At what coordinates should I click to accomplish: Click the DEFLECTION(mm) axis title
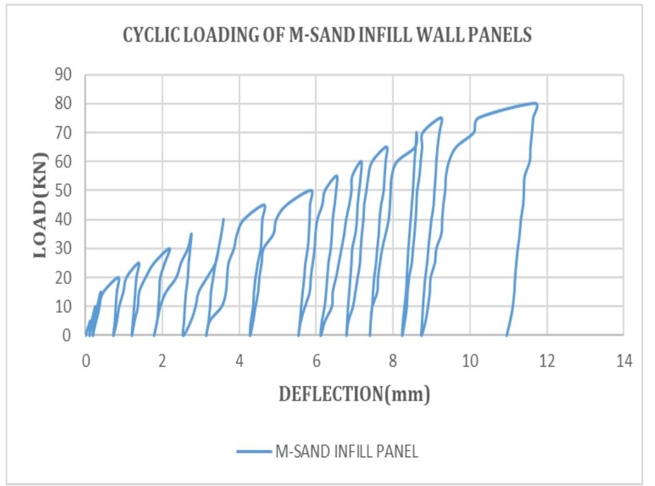pos(355,395)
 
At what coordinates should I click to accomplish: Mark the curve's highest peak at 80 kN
pos(536,103)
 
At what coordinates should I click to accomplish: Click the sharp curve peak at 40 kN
pos(224,219)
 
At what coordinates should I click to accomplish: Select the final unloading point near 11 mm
pos(507,335)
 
